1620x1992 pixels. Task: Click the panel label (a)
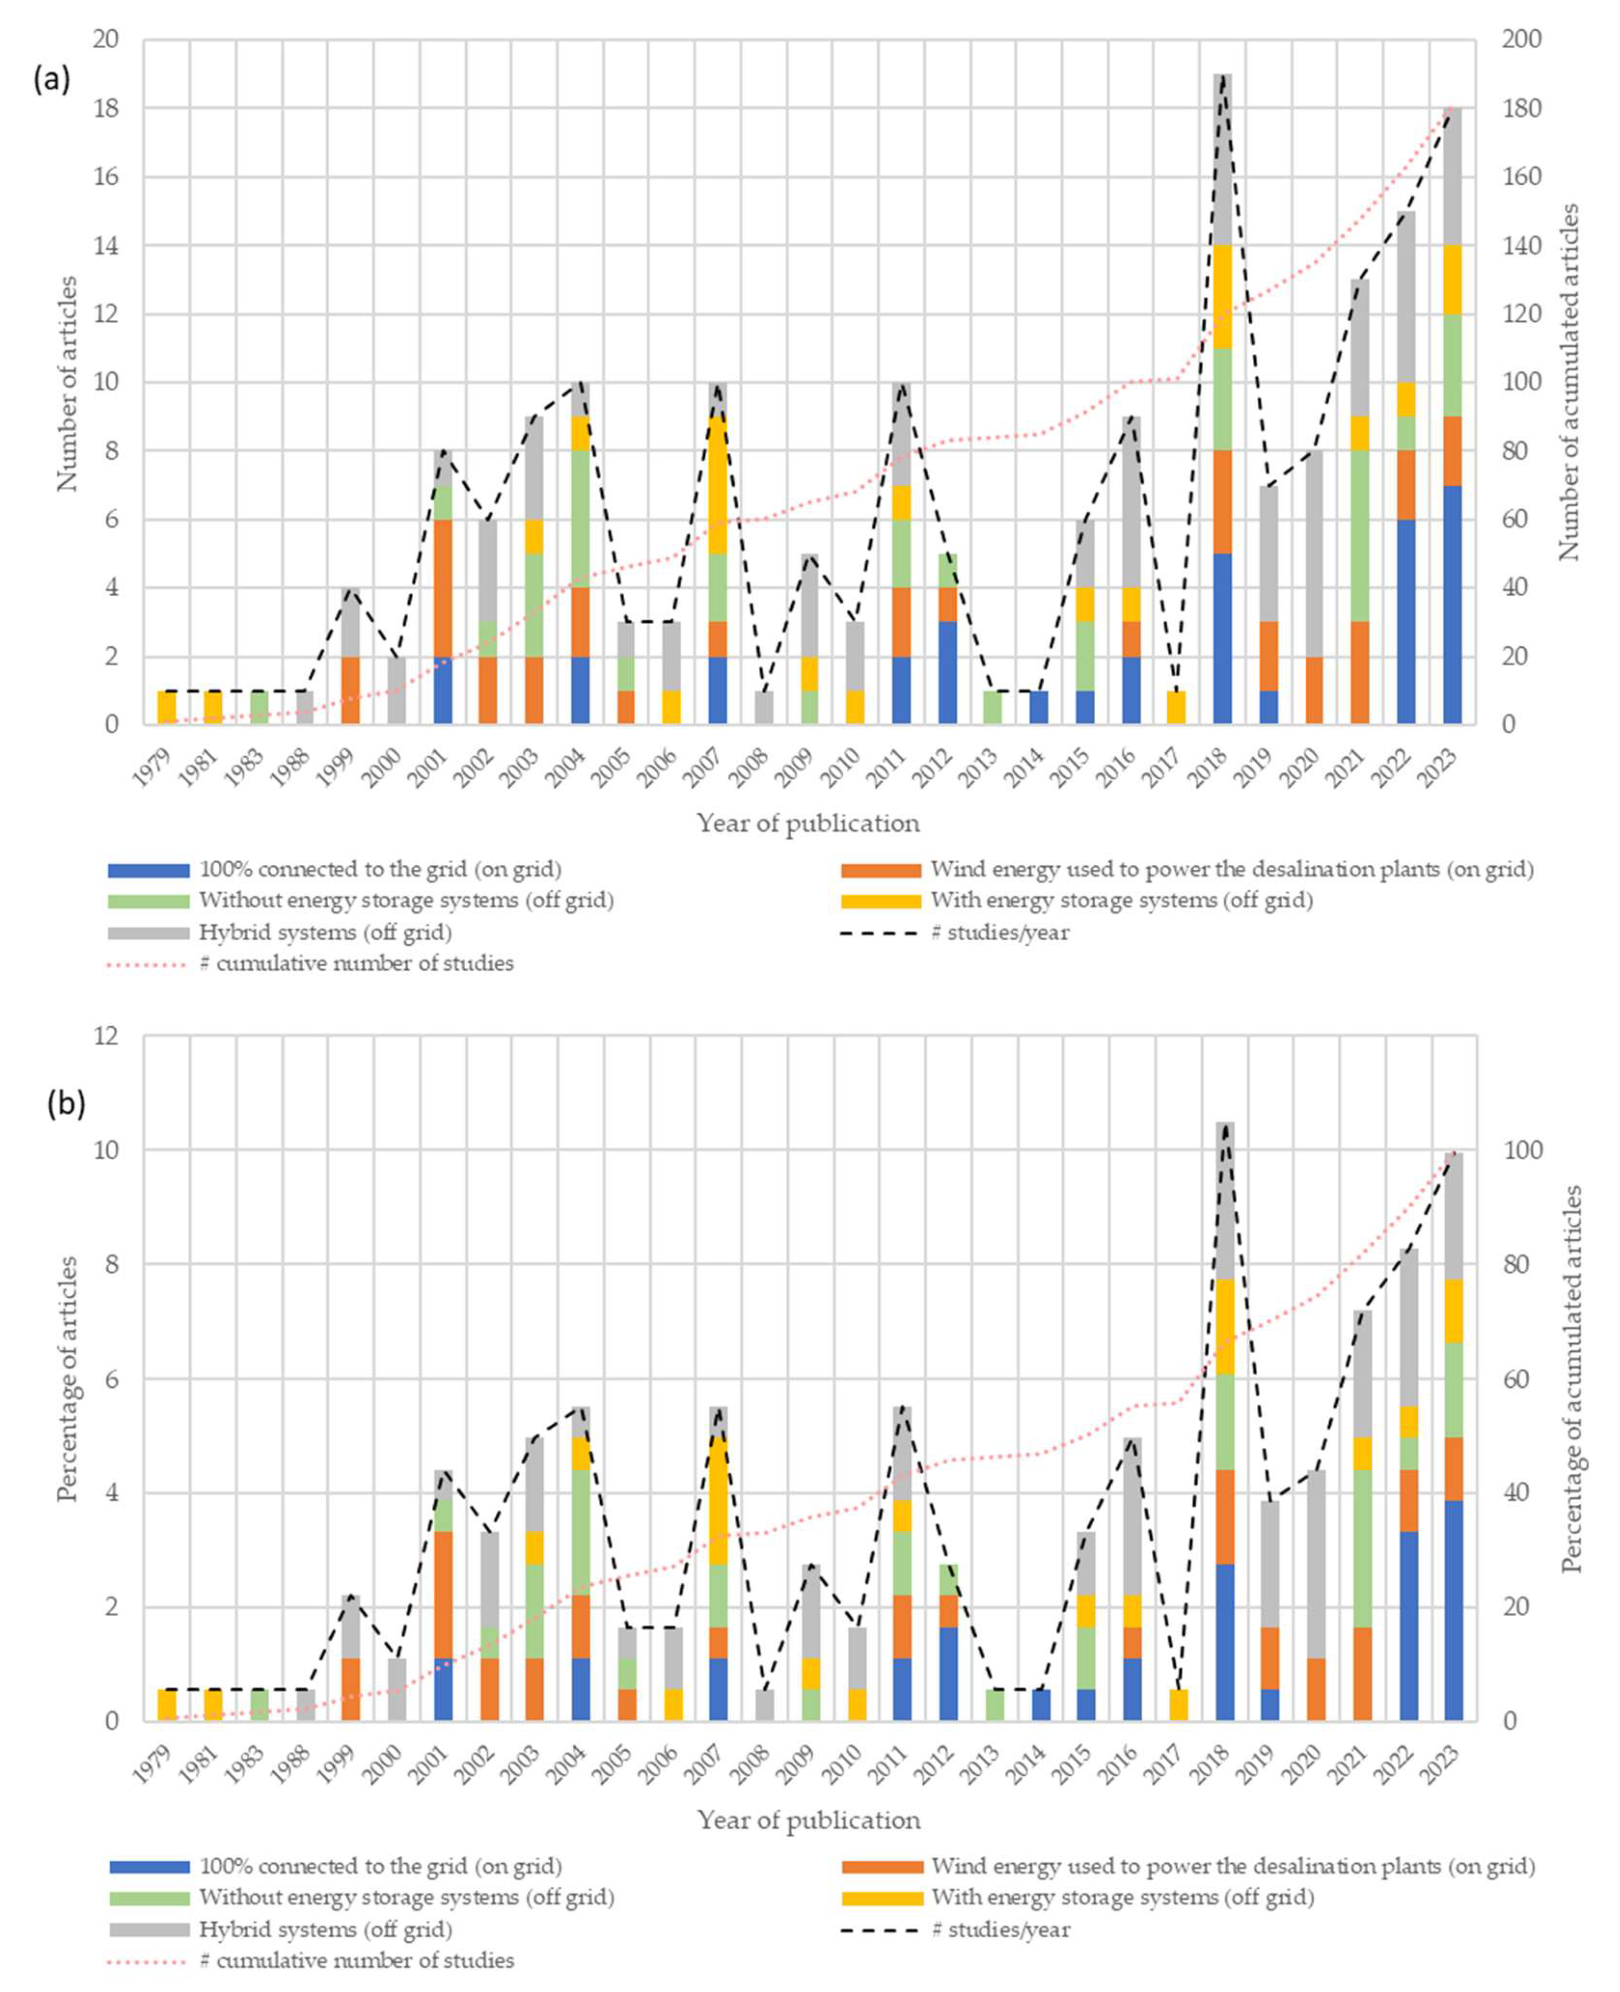51,81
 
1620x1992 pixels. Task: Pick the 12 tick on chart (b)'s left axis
106,1035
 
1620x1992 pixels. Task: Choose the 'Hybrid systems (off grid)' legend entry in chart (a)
326,932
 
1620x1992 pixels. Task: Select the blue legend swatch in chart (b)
149,1867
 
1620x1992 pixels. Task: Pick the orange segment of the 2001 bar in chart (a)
443,588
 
